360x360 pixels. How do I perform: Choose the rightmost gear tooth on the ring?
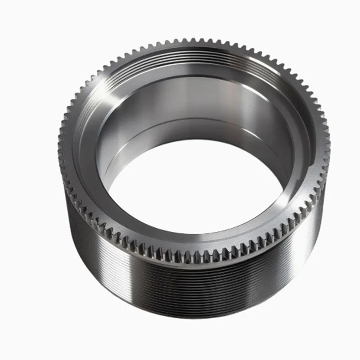coord(328,144)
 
